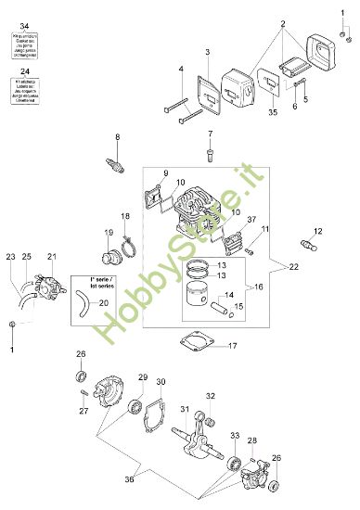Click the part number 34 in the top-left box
pyautogui.click(x=26, y=21)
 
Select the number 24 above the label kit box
pyautogui.click(x=26, y=70)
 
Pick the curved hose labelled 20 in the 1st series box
pyautogui.click(x=84, y=303)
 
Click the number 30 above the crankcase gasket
pyautogui.click(x=161, y=382)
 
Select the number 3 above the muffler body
pyautogui.click(x=209, y=51)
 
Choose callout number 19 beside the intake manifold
pyautogui.click(x=109, y=233)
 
